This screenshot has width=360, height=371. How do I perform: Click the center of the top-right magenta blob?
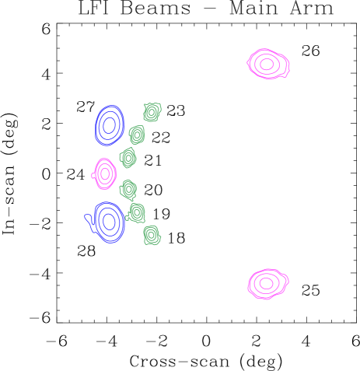pyautogui.click(x=267, y=64)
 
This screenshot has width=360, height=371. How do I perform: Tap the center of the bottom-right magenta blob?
pyautogui.click(x=266, y=283)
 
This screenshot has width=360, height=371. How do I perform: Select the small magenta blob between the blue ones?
pyautogui.click(x=105, y=173)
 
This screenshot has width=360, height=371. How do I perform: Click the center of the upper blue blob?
pyautogui.click(x=110, y=124)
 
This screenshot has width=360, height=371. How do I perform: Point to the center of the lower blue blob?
pyautogui.click(x=109, y=222)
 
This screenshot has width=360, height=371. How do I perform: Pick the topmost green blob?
pyautogui.click(x=152, y=112)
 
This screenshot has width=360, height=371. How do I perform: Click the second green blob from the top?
pyautogui.click(x=137, y=135)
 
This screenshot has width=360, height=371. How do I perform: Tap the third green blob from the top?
pyautogui.click(x=128, y=158)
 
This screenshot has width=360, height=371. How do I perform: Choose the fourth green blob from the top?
pyautogui.click(x=128, y=189)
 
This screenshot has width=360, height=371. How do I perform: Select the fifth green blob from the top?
pyautogui.click(x=137, y=212)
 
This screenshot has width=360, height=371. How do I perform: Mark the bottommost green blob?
pyautogui.click(x=152, y=234)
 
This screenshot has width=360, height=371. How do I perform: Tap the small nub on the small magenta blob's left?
pyautogui.click(x=93, y=175)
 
